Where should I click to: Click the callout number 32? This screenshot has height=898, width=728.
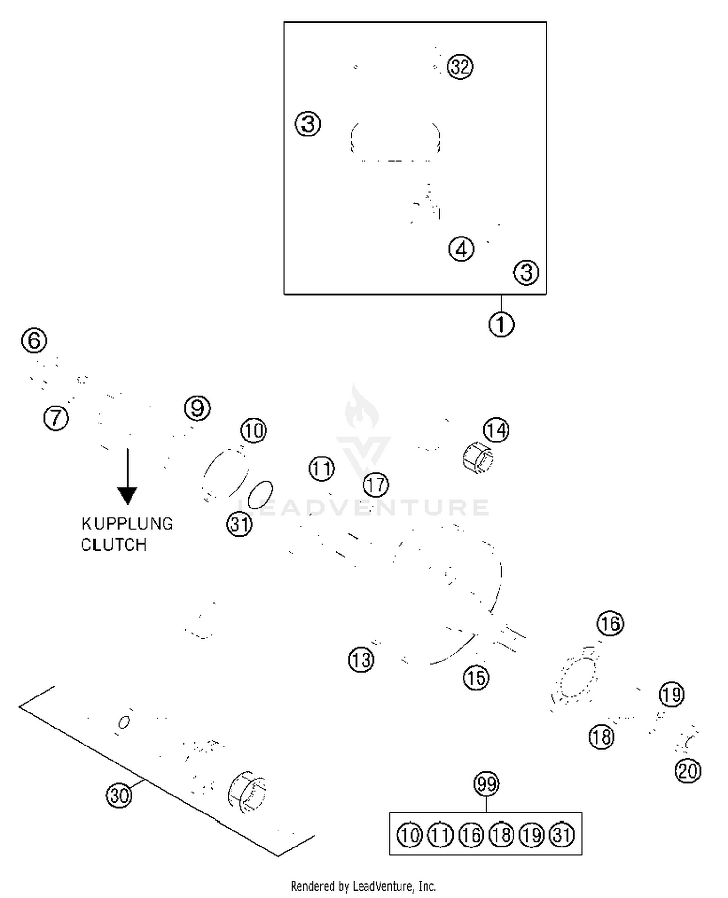click(x=460, y=67)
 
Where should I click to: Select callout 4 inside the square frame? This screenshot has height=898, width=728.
click(x=461, y=249)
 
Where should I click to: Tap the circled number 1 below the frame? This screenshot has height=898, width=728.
click(x=501, y=324)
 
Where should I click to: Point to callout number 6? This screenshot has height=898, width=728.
click(x=34, y=340)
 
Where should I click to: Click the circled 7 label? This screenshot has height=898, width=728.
click(x=56, y=418)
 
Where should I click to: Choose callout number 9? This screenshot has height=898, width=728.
click(x=198, y=408)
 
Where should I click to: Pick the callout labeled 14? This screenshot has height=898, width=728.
click(x=496, y=430)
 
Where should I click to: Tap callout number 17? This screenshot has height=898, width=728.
click(x=376, y=485)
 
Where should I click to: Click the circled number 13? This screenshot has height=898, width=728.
click(x=362, y=660)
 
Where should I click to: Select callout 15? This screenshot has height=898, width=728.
click(x=476, y=678)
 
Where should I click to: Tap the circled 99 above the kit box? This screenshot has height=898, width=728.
click(x=486, y=784)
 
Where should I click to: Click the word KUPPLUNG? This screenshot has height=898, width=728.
click(x=127, y=524)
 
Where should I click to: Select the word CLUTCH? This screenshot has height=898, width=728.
click(x=114, y=545)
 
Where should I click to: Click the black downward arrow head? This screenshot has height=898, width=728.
click(x=128, y=495)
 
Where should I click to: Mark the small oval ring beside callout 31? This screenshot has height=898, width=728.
click(x=261, y=494)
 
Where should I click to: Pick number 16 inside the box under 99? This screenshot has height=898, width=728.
click(x=471, y=835)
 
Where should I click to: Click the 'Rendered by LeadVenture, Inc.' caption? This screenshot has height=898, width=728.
click(x=364, y=886)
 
